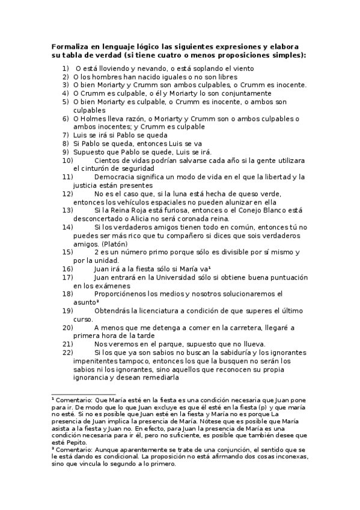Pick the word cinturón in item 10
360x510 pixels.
coord(96,168)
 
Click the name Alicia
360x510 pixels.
coord(147,219)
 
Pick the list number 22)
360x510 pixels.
coord(67,352)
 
